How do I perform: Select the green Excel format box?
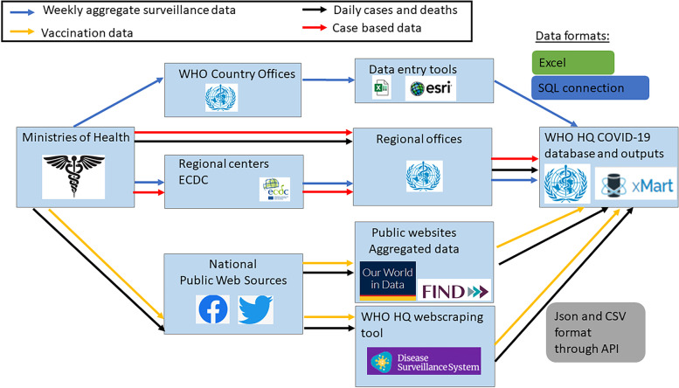(x=572, y=61)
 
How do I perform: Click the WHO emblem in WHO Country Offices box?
(x=216, y=95)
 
